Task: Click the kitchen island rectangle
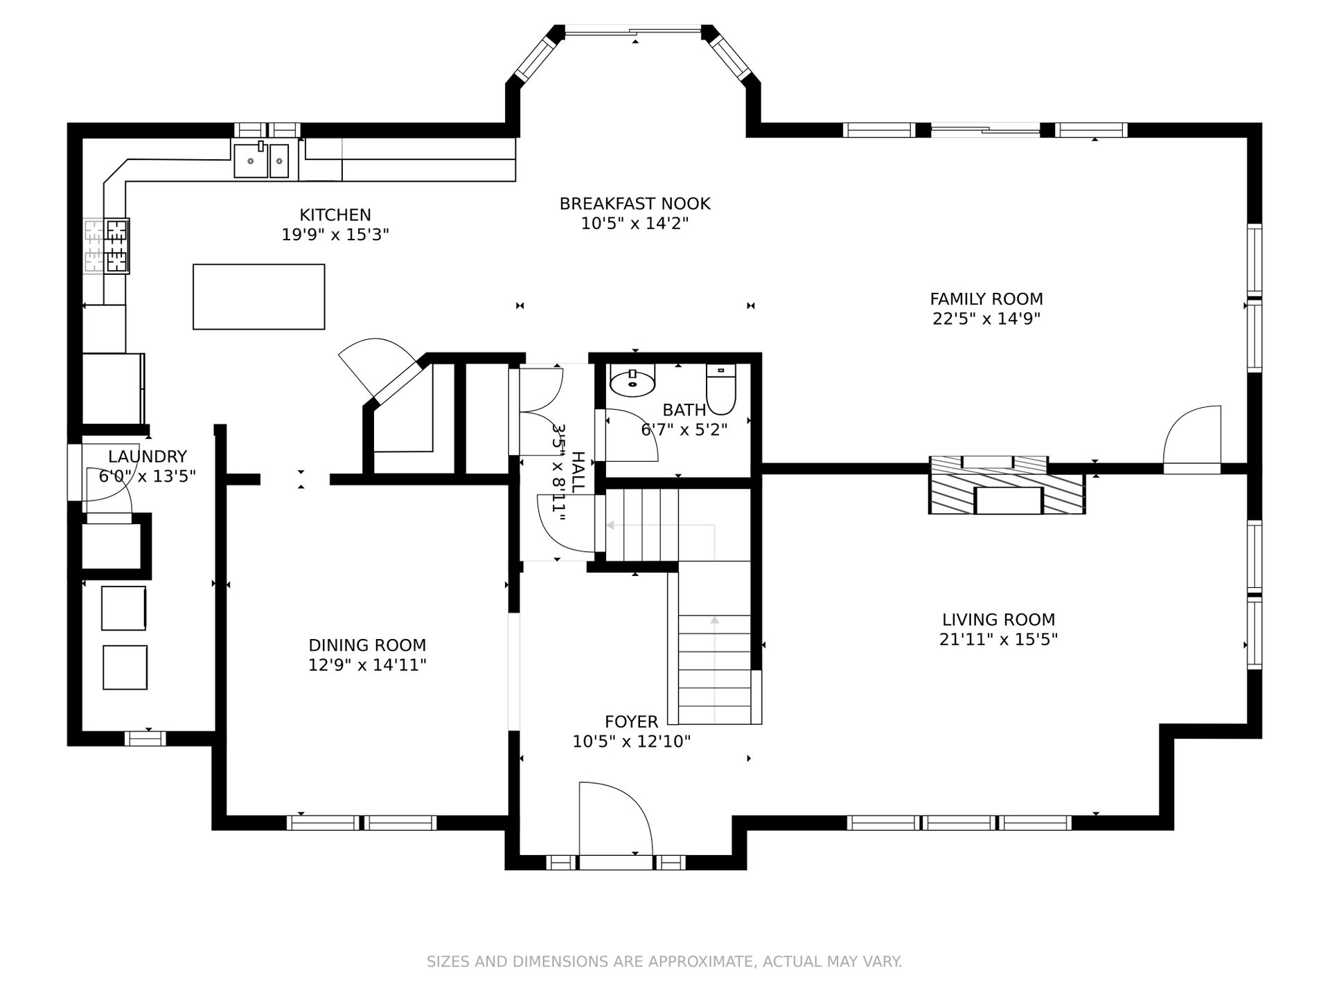point(258,296)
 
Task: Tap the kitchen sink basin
point(260,161)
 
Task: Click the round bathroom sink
point(632,380)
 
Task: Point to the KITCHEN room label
point(335,215)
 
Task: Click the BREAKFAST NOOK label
point(635,204)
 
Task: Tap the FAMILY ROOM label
point(986,299)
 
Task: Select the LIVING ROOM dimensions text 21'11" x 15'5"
point(998,639)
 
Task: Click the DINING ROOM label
point(367,645)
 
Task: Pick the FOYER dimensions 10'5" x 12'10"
point(632,742)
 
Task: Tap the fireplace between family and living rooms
point(1007,485)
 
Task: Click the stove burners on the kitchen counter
point(116,246)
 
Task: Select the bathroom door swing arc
point(631,435)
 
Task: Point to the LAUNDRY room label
point(148,457)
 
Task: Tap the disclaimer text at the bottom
point(664,962)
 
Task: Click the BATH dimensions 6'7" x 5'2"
point(684,430)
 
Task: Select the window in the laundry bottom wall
point(145,738)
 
